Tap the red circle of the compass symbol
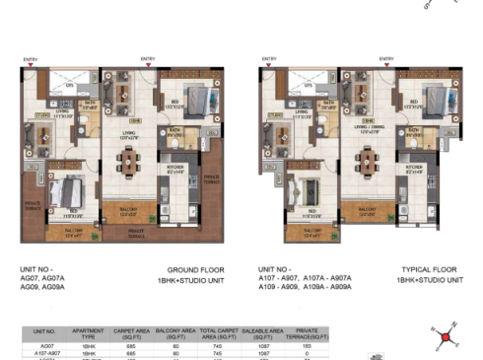(x=446, y=338)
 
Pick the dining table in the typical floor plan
(x=367, y=158)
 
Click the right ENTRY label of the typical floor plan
(x=384, y=59)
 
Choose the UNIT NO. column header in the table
(x=42, y=335)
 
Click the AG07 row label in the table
(x=42, y=347)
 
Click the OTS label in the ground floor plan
(x=70, y=87)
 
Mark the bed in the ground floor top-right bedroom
(x=188, y=100)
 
